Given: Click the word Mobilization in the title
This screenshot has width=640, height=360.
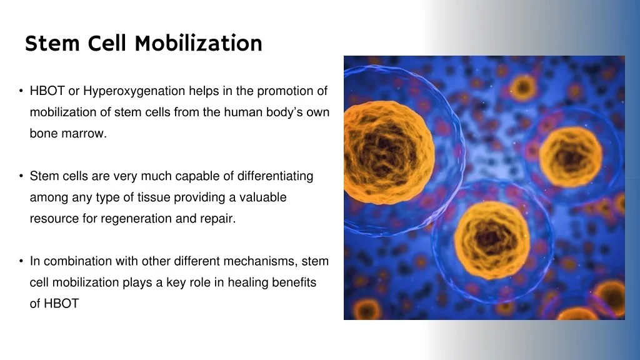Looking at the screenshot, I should [198, 43].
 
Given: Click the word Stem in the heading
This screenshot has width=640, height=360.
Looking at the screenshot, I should [53, 43].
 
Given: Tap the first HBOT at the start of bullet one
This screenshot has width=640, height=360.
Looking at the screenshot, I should [47, 91].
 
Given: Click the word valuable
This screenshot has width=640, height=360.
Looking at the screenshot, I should [259, 197].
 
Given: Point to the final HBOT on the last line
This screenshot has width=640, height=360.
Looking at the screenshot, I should [61, 304].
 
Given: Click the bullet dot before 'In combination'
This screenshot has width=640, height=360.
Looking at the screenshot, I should [21, 261].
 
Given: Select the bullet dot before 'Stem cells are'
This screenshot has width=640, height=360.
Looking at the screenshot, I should [21, 176].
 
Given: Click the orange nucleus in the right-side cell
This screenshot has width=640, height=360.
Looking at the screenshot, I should [570, 156].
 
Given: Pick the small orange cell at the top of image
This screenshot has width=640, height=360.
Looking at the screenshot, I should [523, 87].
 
